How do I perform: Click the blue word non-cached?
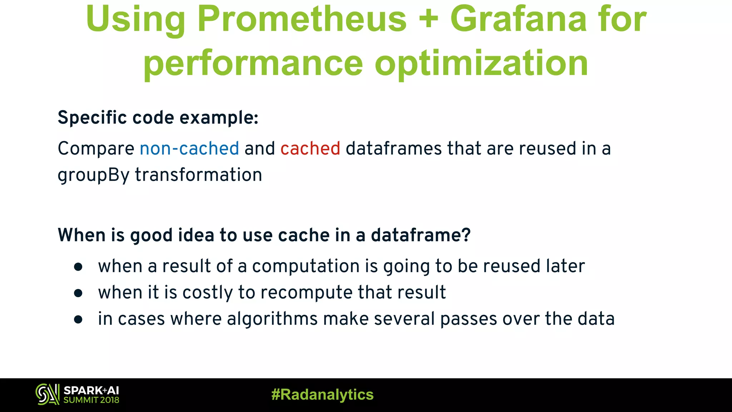point(189,148)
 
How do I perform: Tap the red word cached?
point(310,148)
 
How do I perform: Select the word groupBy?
point(93,176)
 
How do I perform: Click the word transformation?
point(198,175)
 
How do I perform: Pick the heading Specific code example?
point(158,118)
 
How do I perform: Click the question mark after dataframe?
point(466,235)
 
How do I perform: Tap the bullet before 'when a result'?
point(78,267)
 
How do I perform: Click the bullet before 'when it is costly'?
point(78,293)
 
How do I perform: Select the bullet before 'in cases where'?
point(78,319)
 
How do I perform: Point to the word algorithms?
point(272,319)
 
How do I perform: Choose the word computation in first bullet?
point(306,266)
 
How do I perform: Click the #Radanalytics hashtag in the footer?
point(322,395)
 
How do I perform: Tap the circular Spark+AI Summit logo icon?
point(47,394)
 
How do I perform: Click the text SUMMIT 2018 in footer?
point(91,400)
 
